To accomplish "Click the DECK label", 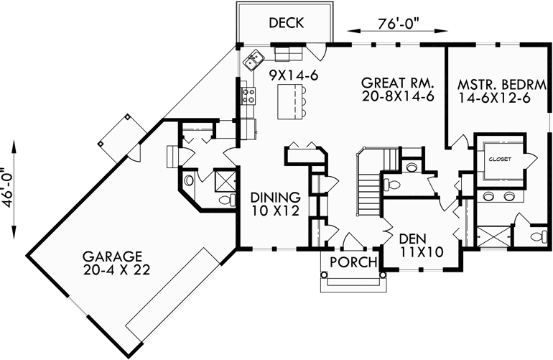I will (x=286, y=23).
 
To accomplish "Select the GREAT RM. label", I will (x=397, y=82).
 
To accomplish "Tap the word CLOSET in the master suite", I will (x=498, y=159).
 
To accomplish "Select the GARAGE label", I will (x=111, y=256).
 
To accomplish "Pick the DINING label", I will (x=274, y=196).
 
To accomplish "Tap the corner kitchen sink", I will (x=253, y=60).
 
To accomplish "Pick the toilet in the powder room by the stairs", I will (x=412, y=168).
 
